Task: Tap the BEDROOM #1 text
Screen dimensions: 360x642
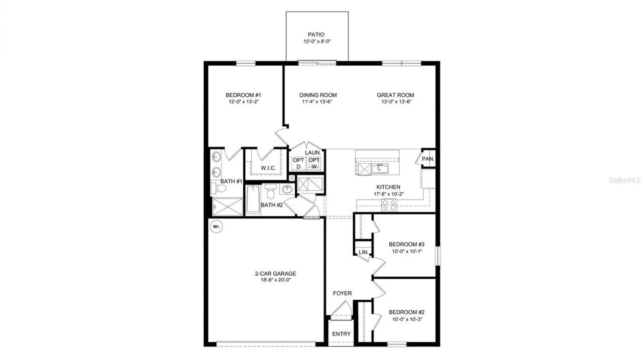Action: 243,95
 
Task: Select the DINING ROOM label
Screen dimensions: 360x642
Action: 318,95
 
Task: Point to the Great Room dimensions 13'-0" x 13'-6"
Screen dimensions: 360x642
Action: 395,102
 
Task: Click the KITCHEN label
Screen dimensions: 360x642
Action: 389,187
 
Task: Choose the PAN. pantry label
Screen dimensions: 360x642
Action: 428,159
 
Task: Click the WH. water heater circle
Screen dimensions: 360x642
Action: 216,227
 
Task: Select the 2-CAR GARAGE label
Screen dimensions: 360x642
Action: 275,274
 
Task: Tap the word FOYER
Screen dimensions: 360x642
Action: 343,293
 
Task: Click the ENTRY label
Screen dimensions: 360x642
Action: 342,334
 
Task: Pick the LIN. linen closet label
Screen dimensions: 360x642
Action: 363,252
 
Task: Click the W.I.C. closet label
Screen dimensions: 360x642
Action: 268,168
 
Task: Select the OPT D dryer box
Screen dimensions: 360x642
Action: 298,163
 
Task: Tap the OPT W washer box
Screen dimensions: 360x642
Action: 314,163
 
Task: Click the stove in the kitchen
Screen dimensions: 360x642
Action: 389,205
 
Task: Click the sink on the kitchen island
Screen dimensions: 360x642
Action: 380,167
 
